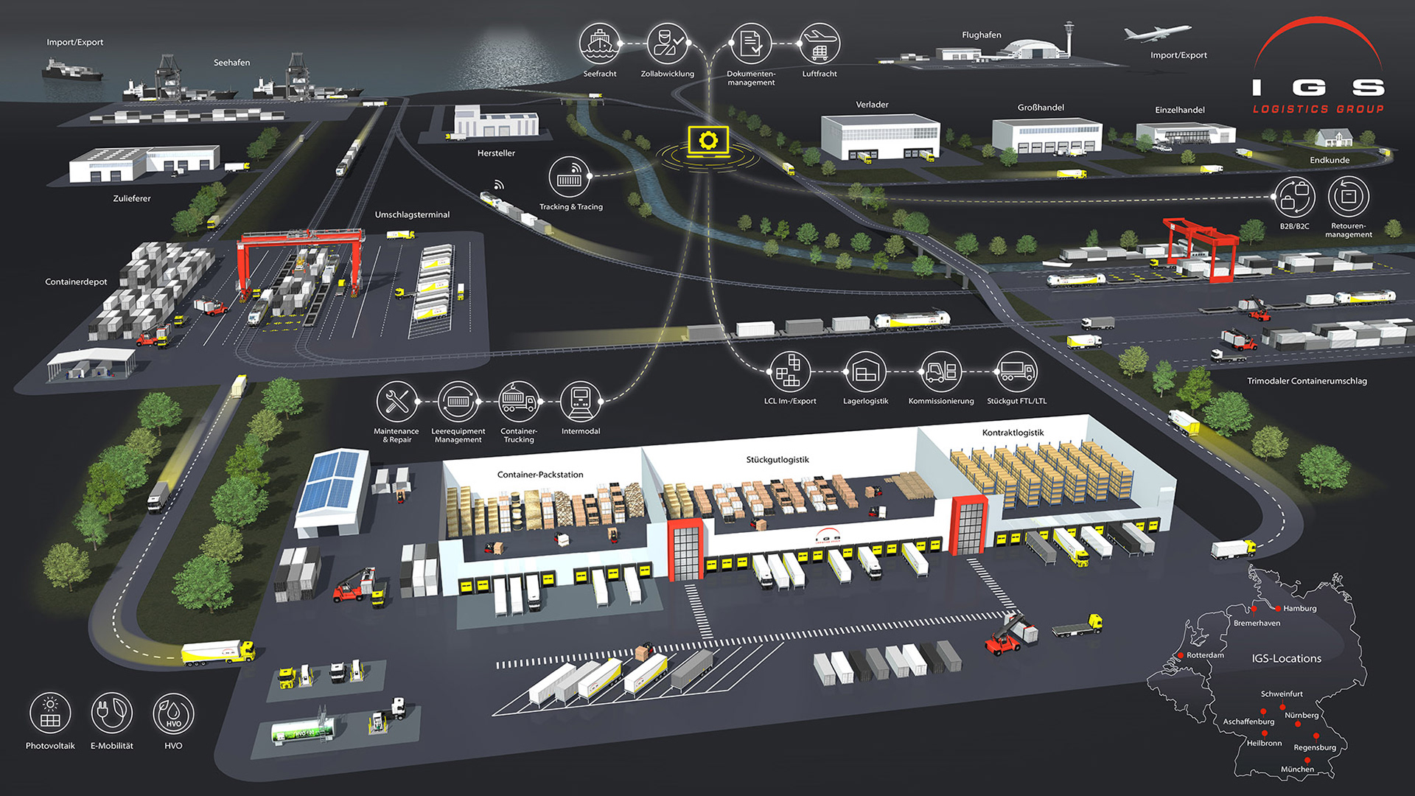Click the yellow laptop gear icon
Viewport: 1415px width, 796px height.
click(708, 141)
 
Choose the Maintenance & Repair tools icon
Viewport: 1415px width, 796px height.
click(396, 402)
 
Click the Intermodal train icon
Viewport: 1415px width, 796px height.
click(581, 402)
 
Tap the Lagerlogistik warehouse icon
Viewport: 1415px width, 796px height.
click(866, 372)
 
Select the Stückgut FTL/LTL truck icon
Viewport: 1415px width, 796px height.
click(1016, 372)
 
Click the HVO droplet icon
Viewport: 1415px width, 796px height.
click(173, 713)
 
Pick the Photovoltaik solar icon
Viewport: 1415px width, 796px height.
click(50, 713)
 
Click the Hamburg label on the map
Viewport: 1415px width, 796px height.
click(1299, 609)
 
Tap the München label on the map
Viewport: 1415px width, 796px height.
click(1297, 769)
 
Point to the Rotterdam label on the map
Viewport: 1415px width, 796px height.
click(1205, 655)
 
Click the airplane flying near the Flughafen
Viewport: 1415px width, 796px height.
click(1156, 33)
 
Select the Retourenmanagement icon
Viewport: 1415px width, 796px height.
click(1349, 197)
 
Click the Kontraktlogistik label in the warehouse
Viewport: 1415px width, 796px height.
click(1013, 433)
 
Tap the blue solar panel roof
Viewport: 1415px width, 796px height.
click(332, 480)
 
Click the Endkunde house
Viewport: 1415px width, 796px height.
click(1333, 138)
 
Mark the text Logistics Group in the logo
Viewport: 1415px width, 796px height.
click(1318, 109)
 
